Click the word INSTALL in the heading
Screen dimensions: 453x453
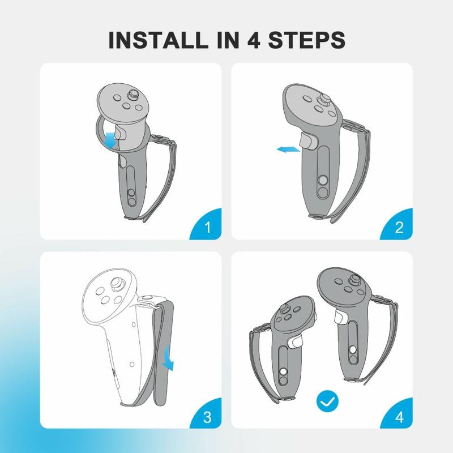coord(158,40)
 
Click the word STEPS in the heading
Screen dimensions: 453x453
coord(307,40)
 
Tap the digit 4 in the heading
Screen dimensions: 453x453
coord(254,40)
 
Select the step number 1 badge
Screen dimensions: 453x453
coord(206,224)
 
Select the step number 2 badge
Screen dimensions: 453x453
coord(397,224)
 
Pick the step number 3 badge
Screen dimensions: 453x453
coord(206,414)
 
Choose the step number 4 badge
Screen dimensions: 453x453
coord(397,414)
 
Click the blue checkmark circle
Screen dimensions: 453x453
coord(327,401)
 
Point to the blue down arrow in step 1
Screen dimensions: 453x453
coord(110,140)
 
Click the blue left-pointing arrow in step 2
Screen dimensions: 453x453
coord(288,149)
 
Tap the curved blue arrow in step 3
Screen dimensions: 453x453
coord(168,358)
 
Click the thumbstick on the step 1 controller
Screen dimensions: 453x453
coord(134,94)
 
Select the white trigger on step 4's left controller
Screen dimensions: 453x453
coord(296,342)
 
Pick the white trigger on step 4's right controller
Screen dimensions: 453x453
coord(340,317)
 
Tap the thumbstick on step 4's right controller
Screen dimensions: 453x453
coord(355,279)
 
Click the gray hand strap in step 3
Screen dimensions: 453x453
coord(163,352)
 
